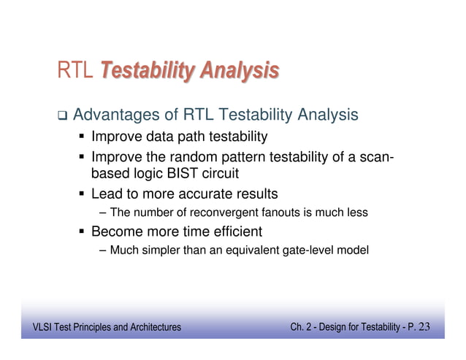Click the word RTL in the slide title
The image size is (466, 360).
(x=75, y=72)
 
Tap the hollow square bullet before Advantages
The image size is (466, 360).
(x=62, y=115)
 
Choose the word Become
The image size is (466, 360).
(x=117, y=232)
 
